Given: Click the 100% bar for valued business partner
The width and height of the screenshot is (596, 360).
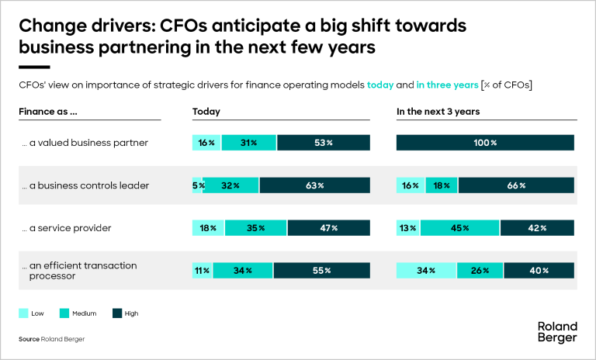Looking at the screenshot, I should pyautogui.click(x=485, y=143).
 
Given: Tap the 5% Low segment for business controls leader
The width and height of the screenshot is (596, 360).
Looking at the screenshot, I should pyautogui.click(x=197, y=185).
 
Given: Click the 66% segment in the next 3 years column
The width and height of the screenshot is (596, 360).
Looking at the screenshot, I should pyautogui.click(x=516, y=185).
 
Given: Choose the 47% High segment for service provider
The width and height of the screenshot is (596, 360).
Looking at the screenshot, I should pyautogui.click(x=324, y=228).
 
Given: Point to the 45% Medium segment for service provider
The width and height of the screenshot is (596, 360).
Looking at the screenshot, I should pyautogui.click(x=460, y=228).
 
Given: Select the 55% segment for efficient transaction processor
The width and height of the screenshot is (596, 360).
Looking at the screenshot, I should pyautogui.click(x=321, y=271).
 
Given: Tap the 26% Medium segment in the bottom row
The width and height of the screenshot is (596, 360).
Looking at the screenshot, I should pyautogui.click(x=480, y=271).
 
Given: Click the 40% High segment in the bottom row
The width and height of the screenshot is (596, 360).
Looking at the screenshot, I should pyautogui.click(x=539, y=271).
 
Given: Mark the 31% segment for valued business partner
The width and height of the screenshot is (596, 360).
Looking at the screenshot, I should pyautogui.click(x=249, y=143).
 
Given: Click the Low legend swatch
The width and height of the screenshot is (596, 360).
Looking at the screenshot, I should pyautogui.click(x=25, y=313).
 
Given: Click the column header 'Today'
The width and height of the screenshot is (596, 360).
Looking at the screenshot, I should pyautogui.click(x=206, y=112).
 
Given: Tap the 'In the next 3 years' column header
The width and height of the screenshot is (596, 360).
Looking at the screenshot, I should pyautogui.click(x=438, y=112).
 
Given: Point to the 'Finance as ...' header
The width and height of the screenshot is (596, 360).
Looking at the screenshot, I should pyautogui.click(x=49, y=112).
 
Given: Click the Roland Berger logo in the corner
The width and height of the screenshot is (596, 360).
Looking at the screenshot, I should pyautogui.click(x=557, y=332).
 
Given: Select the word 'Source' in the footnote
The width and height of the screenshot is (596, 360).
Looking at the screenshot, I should pyautogui.click(x=29, y=340).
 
